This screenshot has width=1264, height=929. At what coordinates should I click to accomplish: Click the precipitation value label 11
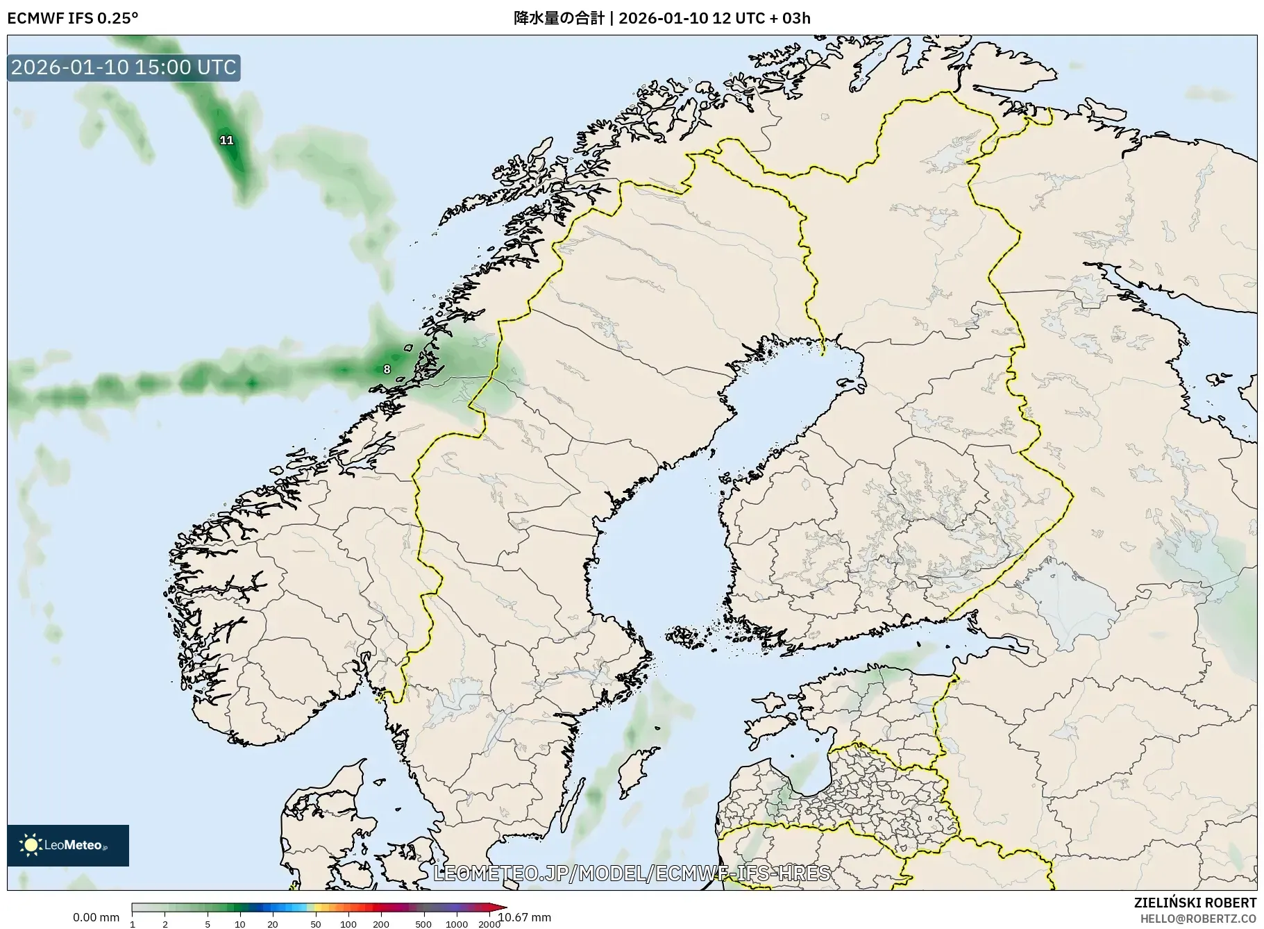pyautogui.click(x=226, y=140)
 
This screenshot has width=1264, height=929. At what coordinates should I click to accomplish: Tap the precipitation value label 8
pyautogui.click(x=387, y=369)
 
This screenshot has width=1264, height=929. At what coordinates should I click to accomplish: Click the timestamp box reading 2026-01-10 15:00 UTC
pyautogui.click(x=124, y=67)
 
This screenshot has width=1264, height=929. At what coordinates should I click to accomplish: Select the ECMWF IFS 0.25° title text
pyautogui.click(x=72, y=18)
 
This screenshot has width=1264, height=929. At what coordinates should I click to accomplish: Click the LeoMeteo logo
pyautogui.click(x=68, y=845)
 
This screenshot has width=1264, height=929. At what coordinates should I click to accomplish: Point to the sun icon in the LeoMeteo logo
pyautogui.click(x=31, y=845)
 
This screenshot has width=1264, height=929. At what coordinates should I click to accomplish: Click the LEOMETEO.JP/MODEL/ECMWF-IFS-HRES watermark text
pyautogui.click(x=632, y=873)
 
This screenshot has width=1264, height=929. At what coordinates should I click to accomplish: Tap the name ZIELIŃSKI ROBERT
pyautogui.click(x=1195, y=903)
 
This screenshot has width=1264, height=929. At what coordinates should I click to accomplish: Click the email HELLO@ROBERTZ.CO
pyautogui.click(x=1198, y=918)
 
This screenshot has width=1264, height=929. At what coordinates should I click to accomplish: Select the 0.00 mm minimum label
pyautogui.click(x=96, y=917)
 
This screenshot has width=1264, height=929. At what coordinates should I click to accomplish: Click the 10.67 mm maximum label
pyautogui.click(x=525, y=917)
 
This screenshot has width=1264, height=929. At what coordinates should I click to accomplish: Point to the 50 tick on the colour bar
pyautogui.click(x=316, y=924)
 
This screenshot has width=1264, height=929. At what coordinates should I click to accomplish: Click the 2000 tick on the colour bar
pyautogui.click(x=489, y=924)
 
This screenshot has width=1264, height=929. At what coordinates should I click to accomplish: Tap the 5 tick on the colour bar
pyautogui.click(x=208, y=924)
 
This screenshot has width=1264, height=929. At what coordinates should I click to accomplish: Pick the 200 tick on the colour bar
pyautogui.click(x=380, y=924)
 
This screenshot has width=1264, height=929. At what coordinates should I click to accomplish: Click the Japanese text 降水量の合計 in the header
pyautogui.click(x=559, y=18)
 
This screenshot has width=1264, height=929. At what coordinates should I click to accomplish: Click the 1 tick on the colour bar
pyautogui.click(x=133, y=924)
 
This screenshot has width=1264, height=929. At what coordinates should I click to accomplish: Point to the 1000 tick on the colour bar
pyautogui.click(x=456, y=924)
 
